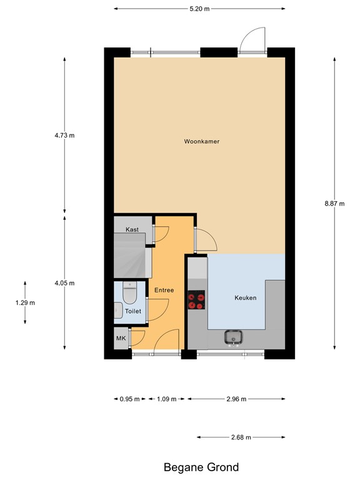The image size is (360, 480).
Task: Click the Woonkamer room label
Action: (201, 142)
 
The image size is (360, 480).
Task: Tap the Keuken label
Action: (245, 298)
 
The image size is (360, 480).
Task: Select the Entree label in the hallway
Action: (164, 291)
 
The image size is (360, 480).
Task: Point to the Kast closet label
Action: (132, 230)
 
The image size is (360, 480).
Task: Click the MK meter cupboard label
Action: (121, 339)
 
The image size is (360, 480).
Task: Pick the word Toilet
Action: (133, 311)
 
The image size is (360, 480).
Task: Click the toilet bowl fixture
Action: (129, 290)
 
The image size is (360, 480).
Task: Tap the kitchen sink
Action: (234, 337)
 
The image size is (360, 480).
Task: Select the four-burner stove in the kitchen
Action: (197, 301)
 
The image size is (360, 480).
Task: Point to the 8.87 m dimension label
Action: (334, 203)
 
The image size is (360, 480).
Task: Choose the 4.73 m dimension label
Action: (64, 135)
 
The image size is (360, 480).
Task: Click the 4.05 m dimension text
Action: (64, 283)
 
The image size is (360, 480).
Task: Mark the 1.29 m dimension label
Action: (24, 302)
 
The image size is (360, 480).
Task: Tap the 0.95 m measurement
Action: (129, 399)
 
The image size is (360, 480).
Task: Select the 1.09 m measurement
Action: (166, 399)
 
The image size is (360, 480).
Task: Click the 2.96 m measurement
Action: (236, 399)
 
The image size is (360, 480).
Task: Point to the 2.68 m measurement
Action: (241, 437)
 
